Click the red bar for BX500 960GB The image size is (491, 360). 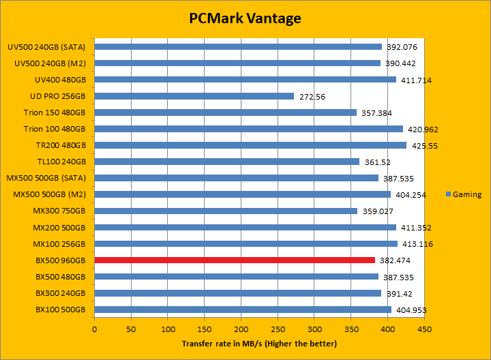click(235, 260)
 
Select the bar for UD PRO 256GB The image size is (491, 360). click(194, 96)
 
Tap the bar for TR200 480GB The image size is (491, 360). click(250, 145)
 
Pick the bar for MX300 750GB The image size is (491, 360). click(226, 211)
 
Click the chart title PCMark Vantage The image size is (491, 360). click(245, 18)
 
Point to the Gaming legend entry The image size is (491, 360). click(463, 194)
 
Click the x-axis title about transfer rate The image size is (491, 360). click(259, 343)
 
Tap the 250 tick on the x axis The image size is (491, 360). click(278, 329)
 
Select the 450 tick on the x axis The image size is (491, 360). click(424, 329)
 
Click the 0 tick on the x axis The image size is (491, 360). click(95, 329)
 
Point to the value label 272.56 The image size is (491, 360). click(312, 97)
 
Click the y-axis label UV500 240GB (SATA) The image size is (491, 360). click(46, 47)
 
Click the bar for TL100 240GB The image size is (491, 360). click(227, 162)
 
